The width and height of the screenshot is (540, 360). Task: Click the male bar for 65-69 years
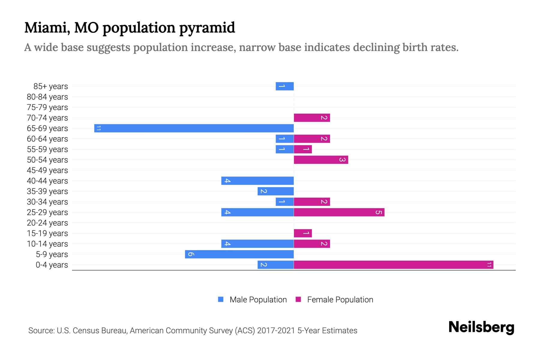point(194,128)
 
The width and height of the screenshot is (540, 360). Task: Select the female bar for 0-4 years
point(393,265)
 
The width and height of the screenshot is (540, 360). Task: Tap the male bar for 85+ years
point(284,86)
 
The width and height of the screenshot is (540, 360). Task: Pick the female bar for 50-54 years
point(321,160)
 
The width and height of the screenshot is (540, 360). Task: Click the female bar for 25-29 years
point(339,212)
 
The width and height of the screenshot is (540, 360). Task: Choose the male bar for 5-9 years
point(239,254)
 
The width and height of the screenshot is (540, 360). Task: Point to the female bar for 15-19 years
point(303,233)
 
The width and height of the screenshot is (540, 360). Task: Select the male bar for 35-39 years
point(275,191)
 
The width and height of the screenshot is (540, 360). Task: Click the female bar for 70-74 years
point(312,118)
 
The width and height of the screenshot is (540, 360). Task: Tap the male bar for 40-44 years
point(257,181)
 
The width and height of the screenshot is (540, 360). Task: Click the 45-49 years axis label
point(47,170)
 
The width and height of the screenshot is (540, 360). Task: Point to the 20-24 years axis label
point(47,223)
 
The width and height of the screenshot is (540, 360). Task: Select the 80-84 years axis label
point(47,97)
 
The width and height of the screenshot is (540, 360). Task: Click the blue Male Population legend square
point(221,299)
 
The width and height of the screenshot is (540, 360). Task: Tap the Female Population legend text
point(340,300)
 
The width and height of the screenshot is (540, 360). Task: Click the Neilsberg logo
point(481,327)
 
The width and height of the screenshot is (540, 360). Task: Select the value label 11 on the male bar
point(98,128)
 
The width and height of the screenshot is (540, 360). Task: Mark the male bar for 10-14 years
point(257,244)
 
